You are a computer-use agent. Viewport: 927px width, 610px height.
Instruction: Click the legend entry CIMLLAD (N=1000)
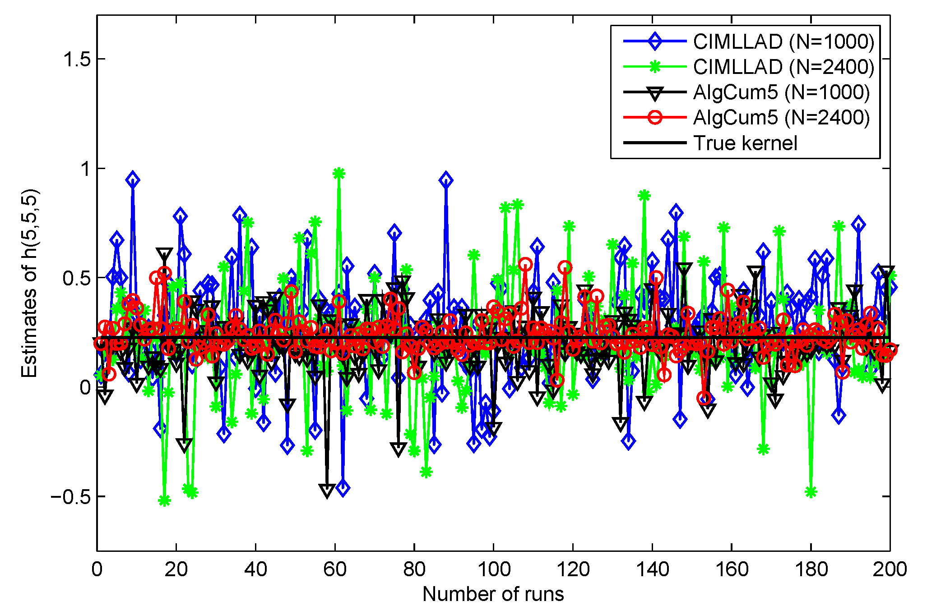[783, 41]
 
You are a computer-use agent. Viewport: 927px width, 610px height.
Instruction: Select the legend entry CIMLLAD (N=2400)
[783, 67]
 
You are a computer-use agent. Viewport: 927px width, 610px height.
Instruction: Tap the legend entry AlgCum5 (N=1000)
[781, 92]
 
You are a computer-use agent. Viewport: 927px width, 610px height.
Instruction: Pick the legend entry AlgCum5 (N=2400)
[781, 118]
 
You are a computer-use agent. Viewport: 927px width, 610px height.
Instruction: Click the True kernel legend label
[745, 143]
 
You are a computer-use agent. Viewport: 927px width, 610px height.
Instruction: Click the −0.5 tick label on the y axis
[71, 497]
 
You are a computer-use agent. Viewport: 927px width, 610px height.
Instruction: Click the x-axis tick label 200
[890, 569]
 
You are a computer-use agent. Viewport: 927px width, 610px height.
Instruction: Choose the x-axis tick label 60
[334, 569]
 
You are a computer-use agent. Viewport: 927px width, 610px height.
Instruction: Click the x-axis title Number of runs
[493, 594]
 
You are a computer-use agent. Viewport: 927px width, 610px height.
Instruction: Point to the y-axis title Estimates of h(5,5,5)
[30, 283]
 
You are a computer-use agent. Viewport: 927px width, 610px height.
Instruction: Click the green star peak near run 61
[339, 174]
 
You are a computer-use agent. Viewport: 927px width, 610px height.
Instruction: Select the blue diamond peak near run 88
[446, 180]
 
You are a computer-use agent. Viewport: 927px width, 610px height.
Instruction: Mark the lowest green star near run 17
[164, 500]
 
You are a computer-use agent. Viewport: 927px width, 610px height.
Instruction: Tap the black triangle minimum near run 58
[327, 490]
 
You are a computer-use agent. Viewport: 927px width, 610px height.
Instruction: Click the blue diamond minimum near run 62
[343, 488]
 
